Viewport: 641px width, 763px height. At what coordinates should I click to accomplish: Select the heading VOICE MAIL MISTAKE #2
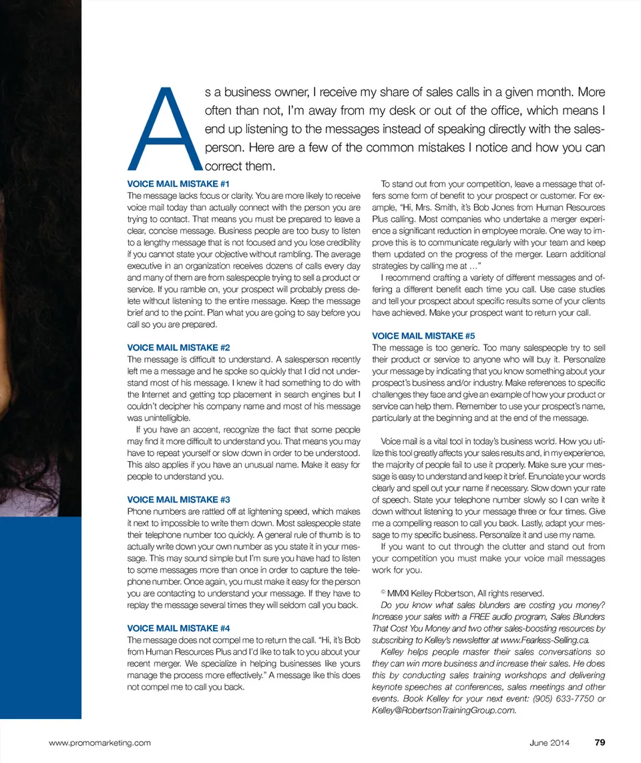tap(178, 348)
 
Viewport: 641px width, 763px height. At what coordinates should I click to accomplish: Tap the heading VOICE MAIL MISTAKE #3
tap(178, 499)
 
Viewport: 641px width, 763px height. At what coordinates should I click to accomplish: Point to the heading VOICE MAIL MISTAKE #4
tap(178, 628)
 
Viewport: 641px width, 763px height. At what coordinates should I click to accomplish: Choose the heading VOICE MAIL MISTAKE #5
tap(423, 336)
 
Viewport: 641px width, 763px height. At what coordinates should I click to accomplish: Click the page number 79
tap(599, 742)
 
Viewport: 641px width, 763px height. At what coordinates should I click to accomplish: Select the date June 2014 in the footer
tap(550, 742)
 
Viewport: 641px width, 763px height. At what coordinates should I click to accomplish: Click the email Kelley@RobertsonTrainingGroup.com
tap(444, 710)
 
